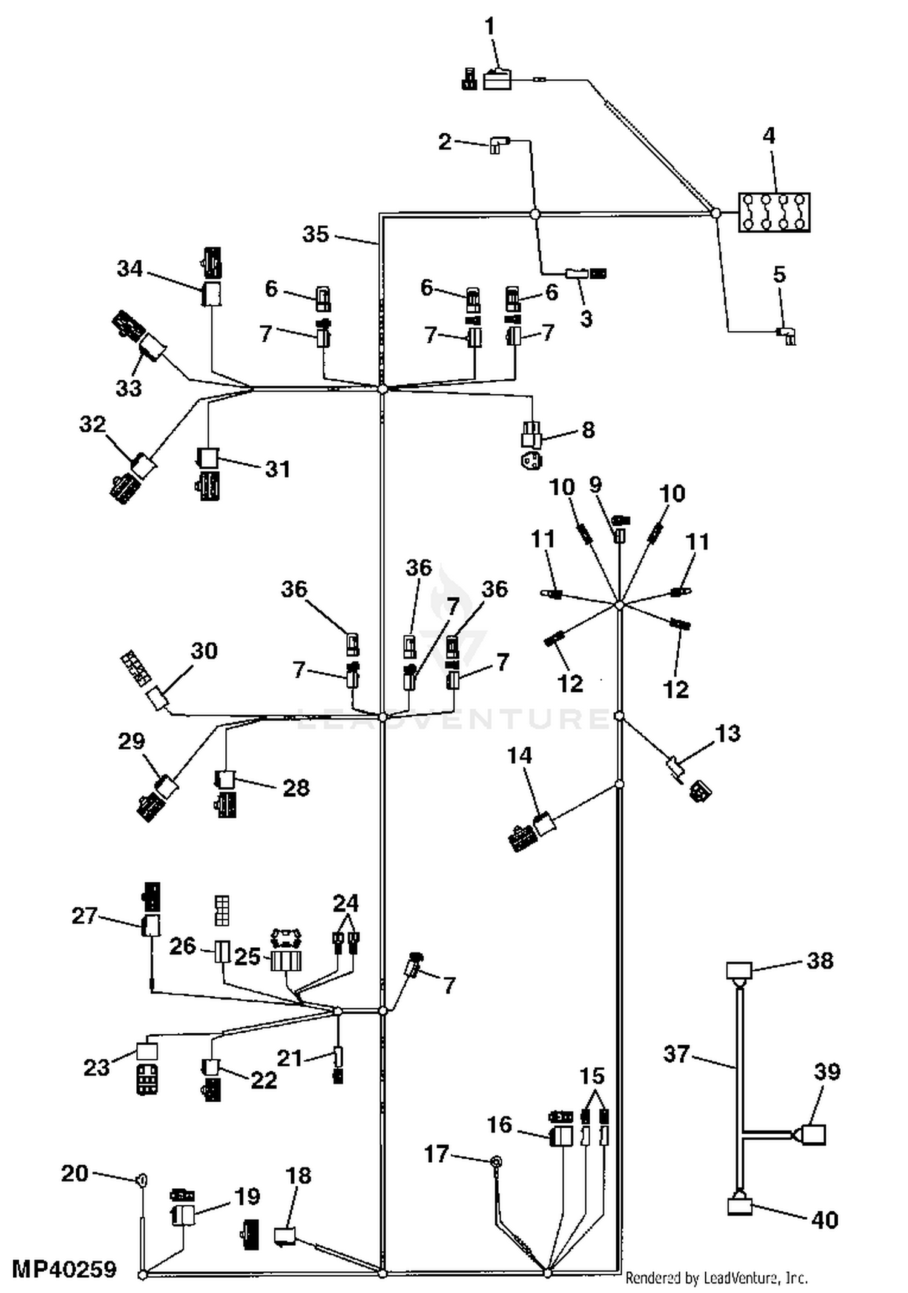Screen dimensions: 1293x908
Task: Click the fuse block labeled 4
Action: point(774,213)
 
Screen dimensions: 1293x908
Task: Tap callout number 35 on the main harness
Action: point(315,234)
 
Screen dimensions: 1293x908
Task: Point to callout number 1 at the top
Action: point(490,27)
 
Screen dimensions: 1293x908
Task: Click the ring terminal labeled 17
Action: point(496,1161)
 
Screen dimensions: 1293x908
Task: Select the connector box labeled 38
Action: point(739,970)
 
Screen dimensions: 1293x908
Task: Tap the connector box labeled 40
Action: point(739,1207)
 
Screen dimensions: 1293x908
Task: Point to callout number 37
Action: point(676,1054)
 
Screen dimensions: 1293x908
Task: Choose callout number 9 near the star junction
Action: point(596,485)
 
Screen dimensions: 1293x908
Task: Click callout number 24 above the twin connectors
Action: point(346,903)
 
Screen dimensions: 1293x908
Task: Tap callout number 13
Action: point(728,733)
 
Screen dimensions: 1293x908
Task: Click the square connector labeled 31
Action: point(208,458)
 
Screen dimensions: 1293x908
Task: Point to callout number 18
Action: point(298,1176)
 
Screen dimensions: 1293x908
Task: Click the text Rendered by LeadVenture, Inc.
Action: point(716,1278)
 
